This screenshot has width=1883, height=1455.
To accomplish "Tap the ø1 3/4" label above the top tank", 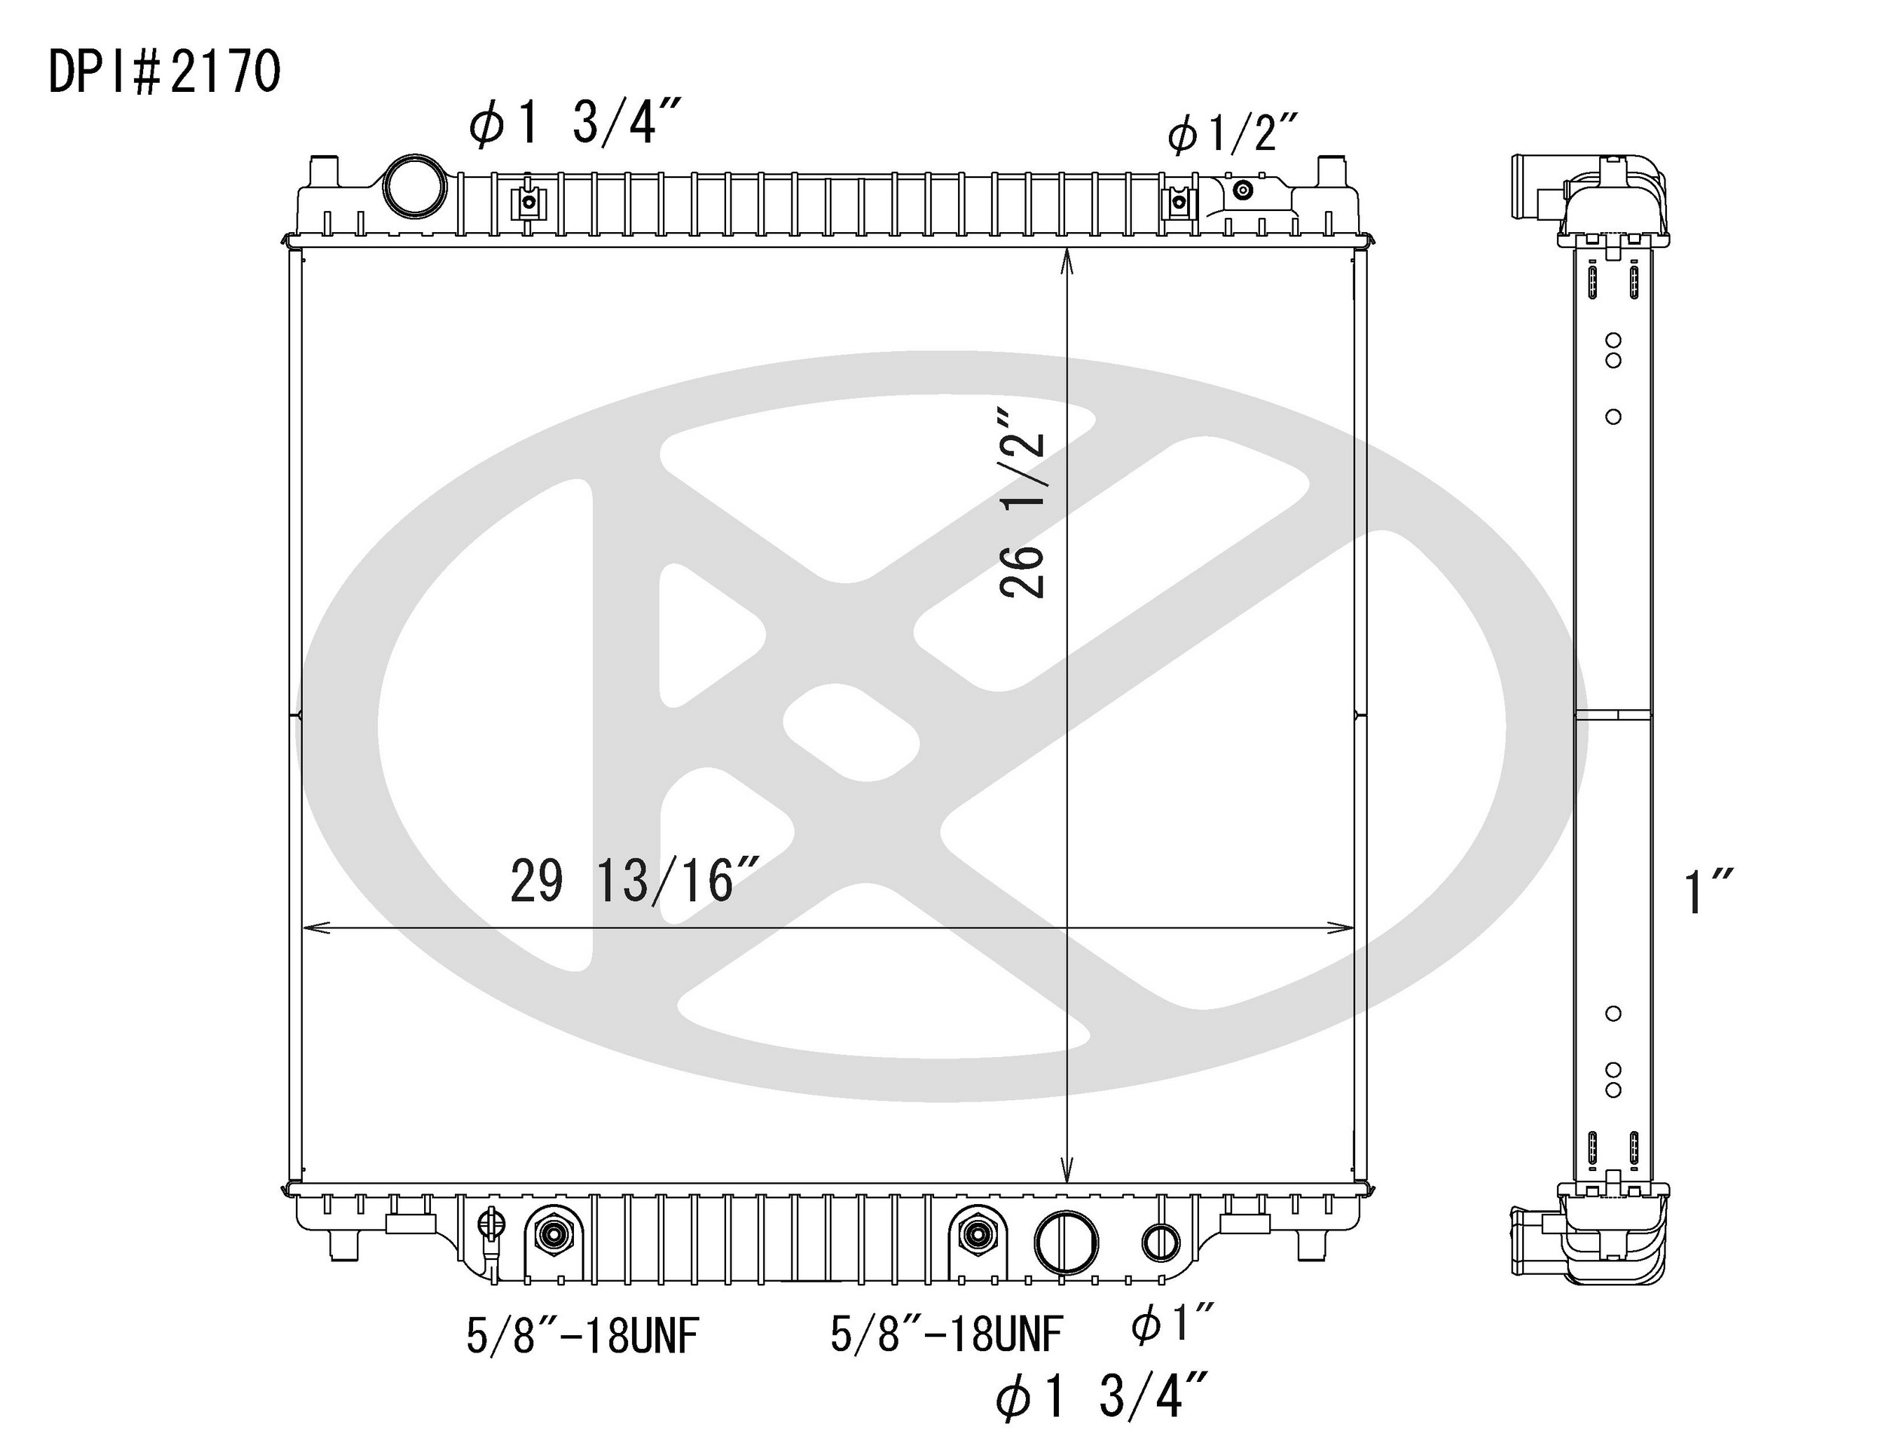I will [x=576, y=126].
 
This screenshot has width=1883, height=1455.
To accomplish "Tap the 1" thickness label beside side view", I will [x=1697, y=893].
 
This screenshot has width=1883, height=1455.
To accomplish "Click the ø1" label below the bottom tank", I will [x=1173, y=1324].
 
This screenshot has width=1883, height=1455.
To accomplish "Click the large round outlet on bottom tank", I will [x=1067, y=1243].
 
